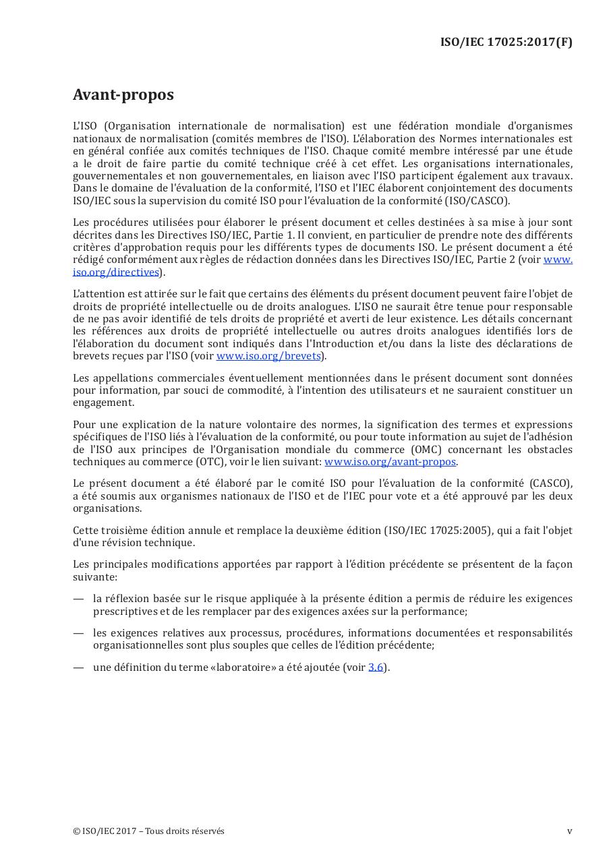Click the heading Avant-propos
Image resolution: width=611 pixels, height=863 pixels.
click(123, 94)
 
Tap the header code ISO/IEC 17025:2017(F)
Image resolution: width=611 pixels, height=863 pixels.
click(506, 42)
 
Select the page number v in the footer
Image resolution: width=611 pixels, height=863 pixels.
click(569, 831)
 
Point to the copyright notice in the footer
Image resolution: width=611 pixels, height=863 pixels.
click(148, 831)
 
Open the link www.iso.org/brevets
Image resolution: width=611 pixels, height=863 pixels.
click(268, 356)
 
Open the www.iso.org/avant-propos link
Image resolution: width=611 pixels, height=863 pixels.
click(390, 462)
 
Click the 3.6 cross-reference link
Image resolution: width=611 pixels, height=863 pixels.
click(376, 667)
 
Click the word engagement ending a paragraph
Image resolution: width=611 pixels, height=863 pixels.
click(103, 403)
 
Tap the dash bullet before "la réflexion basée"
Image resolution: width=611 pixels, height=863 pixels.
click(78, 599)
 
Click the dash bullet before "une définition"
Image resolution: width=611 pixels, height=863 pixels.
click(78, 667)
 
